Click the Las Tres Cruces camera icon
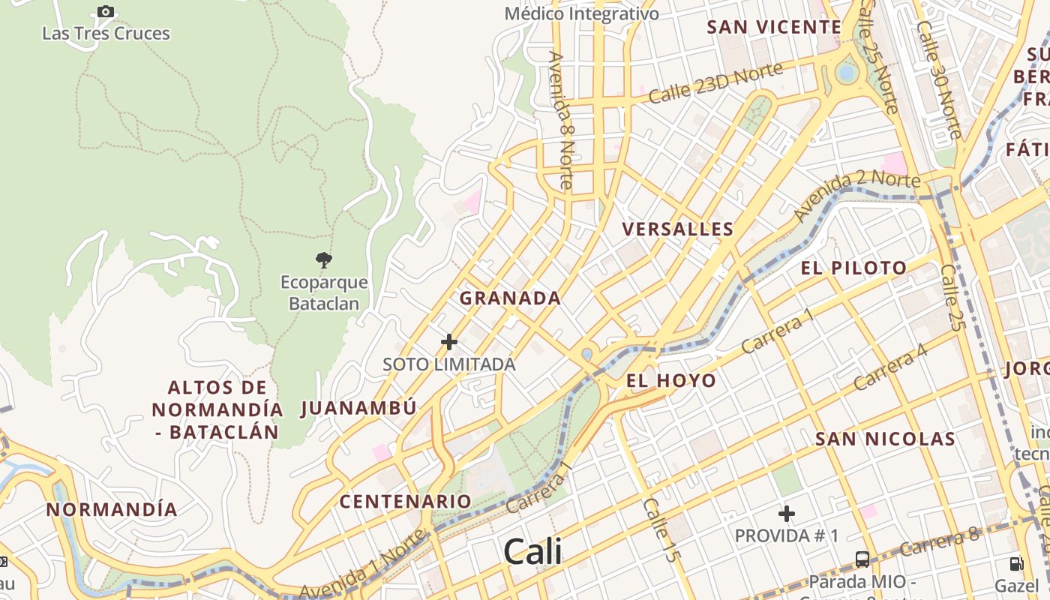coord(106,11)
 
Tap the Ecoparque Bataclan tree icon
coord(324,260)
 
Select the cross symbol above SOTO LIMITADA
coord(449,342)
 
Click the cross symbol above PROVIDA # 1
coord(787,514)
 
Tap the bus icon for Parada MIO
coord(862,559)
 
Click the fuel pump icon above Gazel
coord(1016,563)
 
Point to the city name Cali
coord(532,552)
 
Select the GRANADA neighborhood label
coord(510,298)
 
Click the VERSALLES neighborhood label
coord(678,229)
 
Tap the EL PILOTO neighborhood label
coord(853,268)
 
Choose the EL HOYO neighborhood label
coord(671,381)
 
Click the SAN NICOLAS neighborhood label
coord(885,439)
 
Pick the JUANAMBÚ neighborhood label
coord(358,409)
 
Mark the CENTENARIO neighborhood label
coord(406,501)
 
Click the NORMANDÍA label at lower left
coord(112,510)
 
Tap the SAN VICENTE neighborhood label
coord(774,28)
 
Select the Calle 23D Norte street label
coord(715,83)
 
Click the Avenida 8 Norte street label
coord(560,120)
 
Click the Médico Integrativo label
coord(582,13)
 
